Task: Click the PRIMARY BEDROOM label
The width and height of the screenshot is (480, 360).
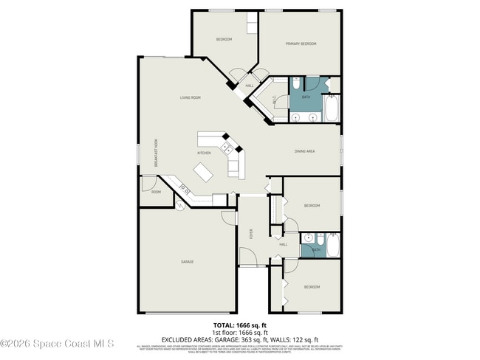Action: (x=301, y=44)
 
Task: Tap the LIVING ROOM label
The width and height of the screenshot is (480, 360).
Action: (x=191, y=97)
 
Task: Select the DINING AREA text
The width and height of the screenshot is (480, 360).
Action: (x=305, y=151)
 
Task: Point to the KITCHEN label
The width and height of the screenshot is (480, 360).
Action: (x=204, y=153)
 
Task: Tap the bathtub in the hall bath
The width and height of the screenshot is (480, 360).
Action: (x=333, y=244)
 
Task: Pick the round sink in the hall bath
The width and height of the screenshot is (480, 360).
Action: (x=311, y=239)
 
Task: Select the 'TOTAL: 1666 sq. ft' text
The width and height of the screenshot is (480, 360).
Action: (x=239, y=325)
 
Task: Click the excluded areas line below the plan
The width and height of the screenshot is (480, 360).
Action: (x=239, y=337)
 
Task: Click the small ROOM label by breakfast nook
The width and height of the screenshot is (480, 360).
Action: (x=156, y=192)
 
